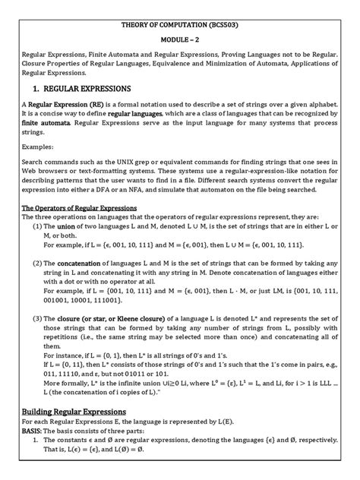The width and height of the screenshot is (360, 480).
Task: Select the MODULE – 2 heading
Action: pyautogui.click(x=179, y=44)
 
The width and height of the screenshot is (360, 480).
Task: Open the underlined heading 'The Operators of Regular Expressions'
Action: pyautogui.click(x=85, y=251)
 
